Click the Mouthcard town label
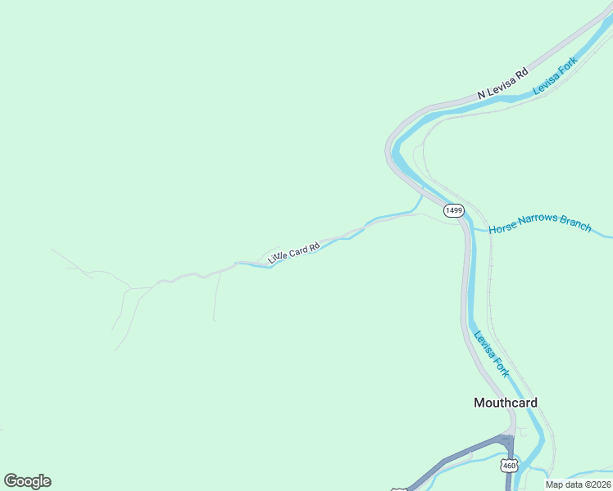click(x=506, y=403)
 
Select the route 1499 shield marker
click(x=454, y=210)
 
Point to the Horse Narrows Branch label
click(x=540, y=224)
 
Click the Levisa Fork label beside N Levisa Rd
click(x=556, y=75)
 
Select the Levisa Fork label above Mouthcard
click(x=492, y=353)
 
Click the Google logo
click(x=27, y=481)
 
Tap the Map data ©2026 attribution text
click(x=578, y=484)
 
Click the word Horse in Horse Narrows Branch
click(x=502, y=230)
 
